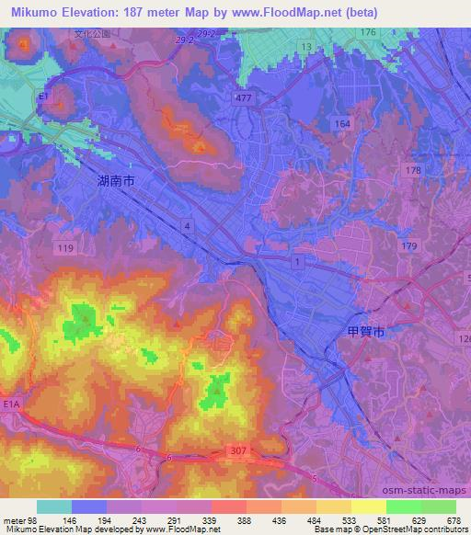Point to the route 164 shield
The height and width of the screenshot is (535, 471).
pyautogui.click(x=343, y=122)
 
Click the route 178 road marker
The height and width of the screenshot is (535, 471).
pyautogui.click(x=412, y=170)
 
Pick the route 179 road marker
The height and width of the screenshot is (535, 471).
pyautogui.click(x=408, y=246)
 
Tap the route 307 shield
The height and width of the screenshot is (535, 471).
pyautogui.click(x=238, y=451)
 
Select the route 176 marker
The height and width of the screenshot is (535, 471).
pyautogui.click(x=368, y=33)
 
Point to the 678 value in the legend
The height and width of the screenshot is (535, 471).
pyautogui.click(x=452, y=519)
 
